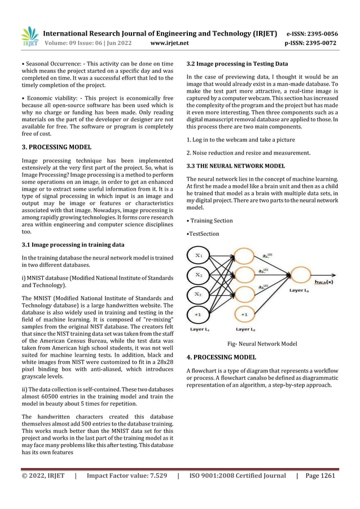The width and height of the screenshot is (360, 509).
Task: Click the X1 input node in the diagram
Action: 199,256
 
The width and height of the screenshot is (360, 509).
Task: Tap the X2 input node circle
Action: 199,275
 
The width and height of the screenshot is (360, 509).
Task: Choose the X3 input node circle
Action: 199,293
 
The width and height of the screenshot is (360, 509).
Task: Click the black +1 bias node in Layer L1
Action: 199,313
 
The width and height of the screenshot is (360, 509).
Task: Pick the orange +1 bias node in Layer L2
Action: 244,313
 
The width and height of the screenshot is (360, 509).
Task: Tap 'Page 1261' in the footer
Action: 321,475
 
